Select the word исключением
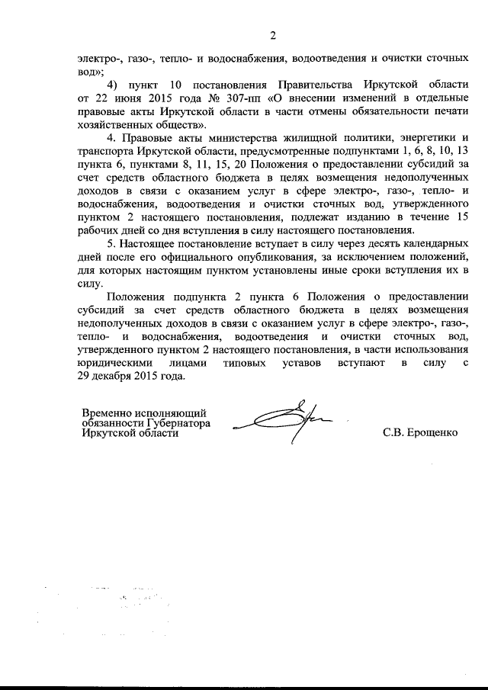click(x=355, y=256)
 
